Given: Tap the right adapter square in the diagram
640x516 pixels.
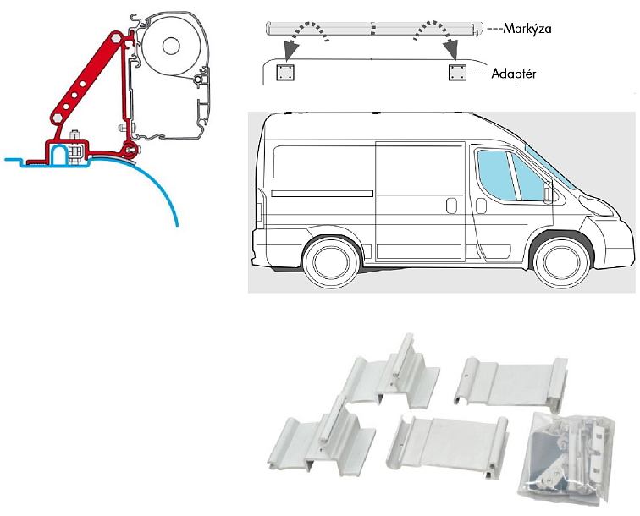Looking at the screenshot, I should [x=457, y=73].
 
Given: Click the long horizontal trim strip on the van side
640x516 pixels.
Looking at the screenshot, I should [x=322, y=194].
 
